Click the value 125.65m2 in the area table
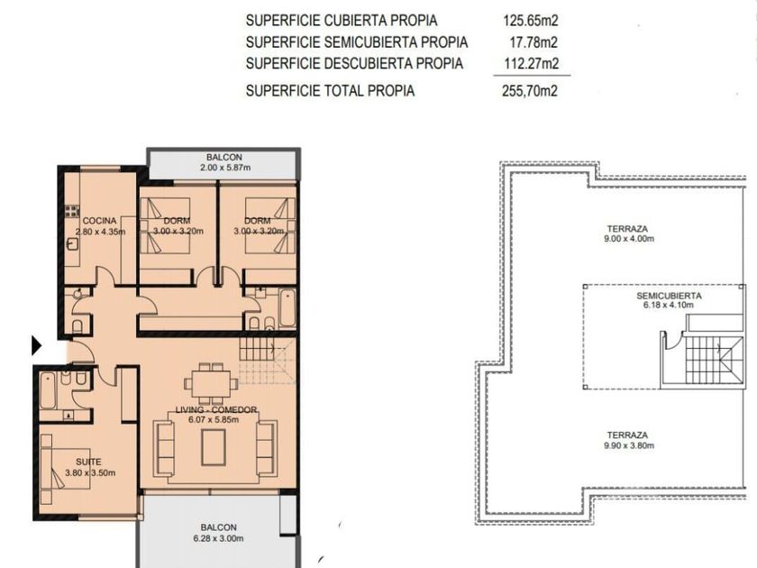(530, 21)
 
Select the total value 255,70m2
(530, 91)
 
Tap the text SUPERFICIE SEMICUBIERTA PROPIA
(357, 42)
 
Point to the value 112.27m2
(531, 63)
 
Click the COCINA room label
(99, 221)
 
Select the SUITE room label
(89, 463)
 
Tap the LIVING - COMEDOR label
(215, 409)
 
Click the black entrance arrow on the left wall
(37, 345)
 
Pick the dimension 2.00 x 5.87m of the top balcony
(225, 168)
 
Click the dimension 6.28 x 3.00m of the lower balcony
(219, 538)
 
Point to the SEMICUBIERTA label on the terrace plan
(669, 296)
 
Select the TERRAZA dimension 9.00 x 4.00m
(629, 239)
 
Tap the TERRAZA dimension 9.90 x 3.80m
(629, 445)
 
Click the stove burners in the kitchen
(72, 211)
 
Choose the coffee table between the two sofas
(214, 447)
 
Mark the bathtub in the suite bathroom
(49, 390)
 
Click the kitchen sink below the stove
(72, 244)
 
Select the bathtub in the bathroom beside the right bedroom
(287, 307)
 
